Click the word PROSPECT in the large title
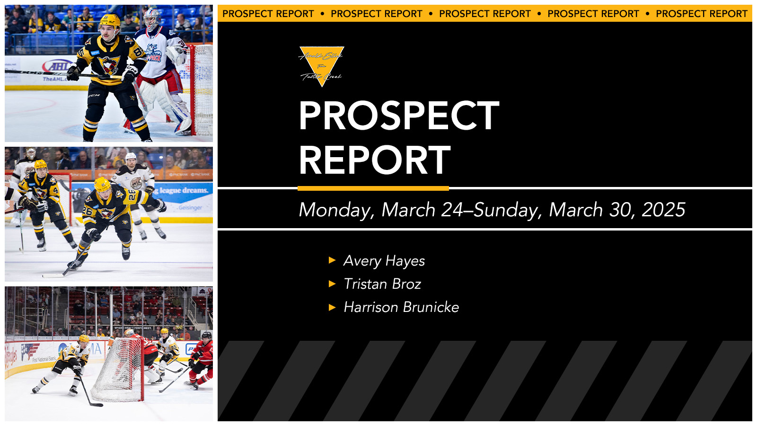tap(399, 116)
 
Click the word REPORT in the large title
tap(374, 160)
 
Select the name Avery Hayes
tap(384, 261)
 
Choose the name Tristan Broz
tap(382, 284)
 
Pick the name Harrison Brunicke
tap(401, 307)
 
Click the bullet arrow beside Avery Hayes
tap(332, 260)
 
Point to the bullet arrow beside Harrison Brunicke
tap(332, 307)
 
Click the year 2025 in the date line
tap(663, 210)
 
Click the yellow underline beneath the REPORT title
tap(373, 188)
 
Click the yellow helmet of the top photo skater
tap(110, 21)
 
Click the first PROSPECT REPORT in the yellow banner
tap(268, 14)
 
